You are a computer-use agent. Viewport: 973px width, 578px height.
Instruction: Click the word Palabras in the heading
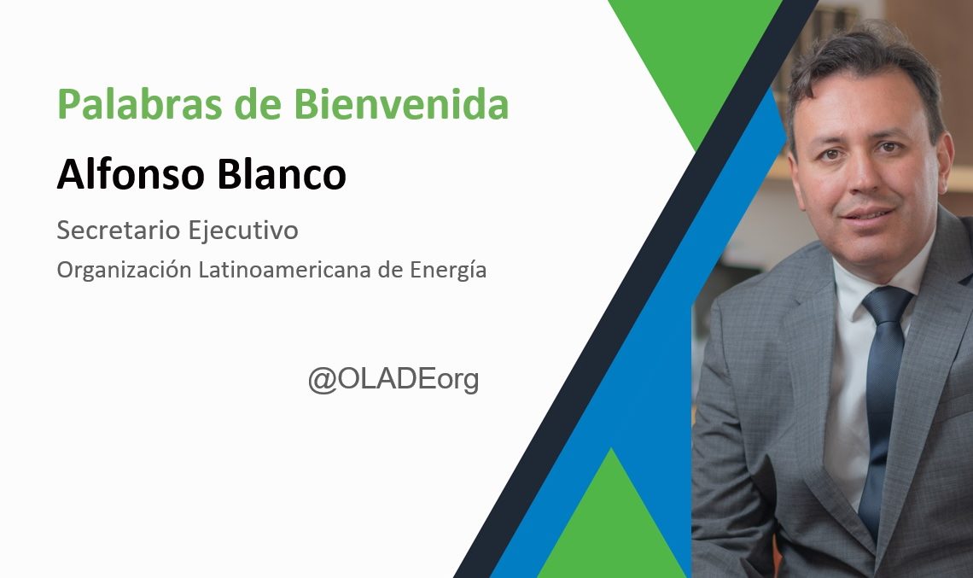140,104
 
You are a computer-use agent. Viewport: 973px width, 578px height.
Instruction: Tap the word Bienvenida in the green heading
401,103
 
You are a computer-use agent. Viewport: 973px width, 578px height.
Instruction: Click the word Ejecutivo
243,231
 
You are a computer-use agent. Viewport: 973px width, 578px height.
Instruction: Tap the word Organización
124,270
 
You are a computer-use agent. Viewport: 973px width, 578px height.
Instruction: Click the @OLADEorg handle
393,379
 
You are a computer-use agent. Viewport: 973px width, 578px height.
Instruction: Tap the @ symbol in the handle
322,379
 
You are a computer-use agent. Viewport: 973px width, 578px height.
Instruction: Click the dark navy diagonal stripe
636,289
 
